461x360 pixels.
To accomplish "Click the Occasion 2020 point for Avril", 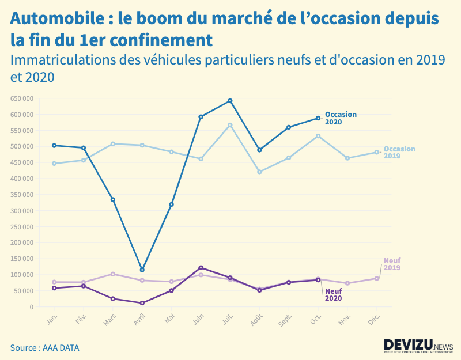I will click(x=142, y=270).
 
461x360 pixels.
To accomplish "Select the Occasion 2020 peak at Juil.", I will click(x=230, y=101).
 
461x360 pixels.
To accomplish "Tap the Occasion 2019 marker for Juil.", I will click(x=230, y=125).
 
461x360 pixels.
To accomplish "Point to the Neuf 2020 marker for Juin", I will click(x=201, y=267).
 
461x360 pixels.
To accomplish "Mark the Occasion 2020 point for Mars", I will click(x=113, y=199).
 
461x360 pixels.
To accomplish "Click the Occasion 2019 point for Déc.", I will click(x=377, y=152).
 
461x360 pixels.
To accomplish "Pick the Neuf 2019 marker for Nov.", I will click(x=347, y=283).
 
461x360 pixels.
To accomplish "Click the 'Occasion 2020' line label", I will click(x=341, y=118).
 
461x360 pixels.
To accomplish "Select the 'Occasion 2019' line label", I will click(x=399, y=152).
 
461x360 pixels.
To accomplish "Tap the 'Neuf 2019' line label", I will click(x=392, y=264).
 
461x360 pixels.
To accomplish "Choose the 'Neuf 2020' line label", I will click(x=333, y=294).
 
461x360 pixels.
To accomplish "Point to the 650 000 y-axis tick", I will click(x=21, y=98).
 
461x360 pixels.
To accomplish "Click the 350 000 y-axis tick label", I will click(x=21, y=195).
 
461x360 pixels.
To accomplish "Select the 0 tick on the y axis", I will click(x=31, y=307).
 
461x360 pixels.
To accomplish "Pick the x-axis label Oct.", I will click(x=315, y=320).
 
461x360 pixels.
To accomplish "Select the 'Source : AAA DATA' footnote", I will click(x=44, y=348).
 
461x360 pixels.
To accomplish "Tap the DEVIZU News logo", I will click(x=418, y=345).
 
